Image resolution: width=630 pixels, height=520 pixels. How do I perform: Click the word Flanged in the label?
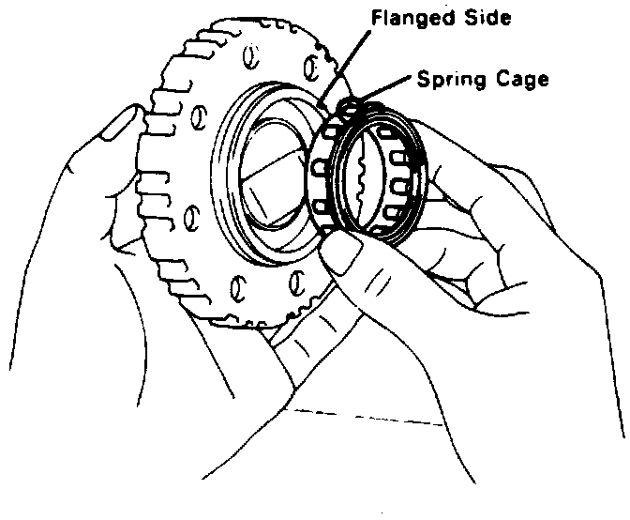[x=407, y=18]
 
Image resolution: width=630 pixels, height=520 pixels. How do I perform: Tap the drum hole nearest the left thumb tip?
[x=199, y=116]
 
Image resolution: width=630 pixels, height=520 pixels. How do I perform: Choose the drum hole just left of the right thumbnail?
[x=298, y=279]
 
